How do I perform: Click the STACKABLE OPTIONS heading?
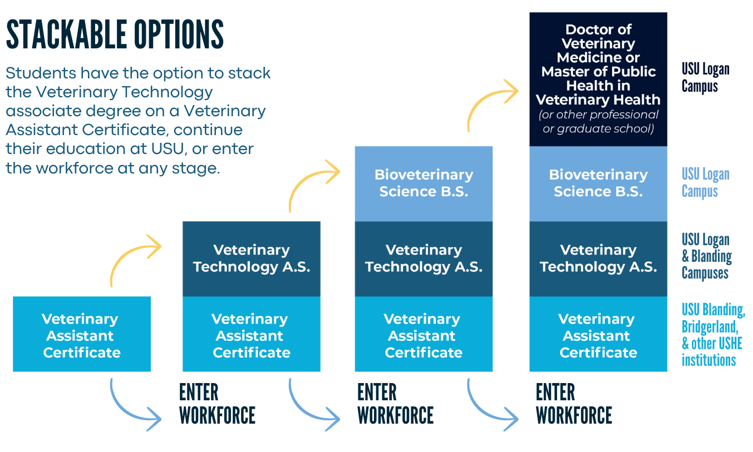[x=115, y=35]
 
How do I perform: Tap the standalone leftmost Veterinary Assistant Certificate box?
[x=82, y=334]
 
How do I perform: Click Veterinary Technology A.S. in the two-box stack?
[x=252, y=259]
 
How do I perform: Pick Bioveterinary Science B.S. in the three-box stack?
[x=424, y=183]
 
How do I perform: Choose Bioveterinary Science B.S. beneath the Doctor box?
[x=598, y=183]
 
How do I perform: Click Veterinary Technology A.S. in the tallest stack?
[x=598, y=259]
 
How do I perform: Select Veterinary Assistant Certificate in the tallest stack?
[x=598, y=334]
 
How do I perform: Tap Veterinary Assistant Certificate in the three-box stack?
[x=424, y=334]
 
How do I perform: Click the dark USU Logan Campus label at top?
[x=705, y=78]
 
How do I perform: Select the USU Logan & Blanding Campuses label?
[x=706, y=256]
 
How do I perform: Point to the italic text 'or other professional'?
[x=598, y=115]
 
